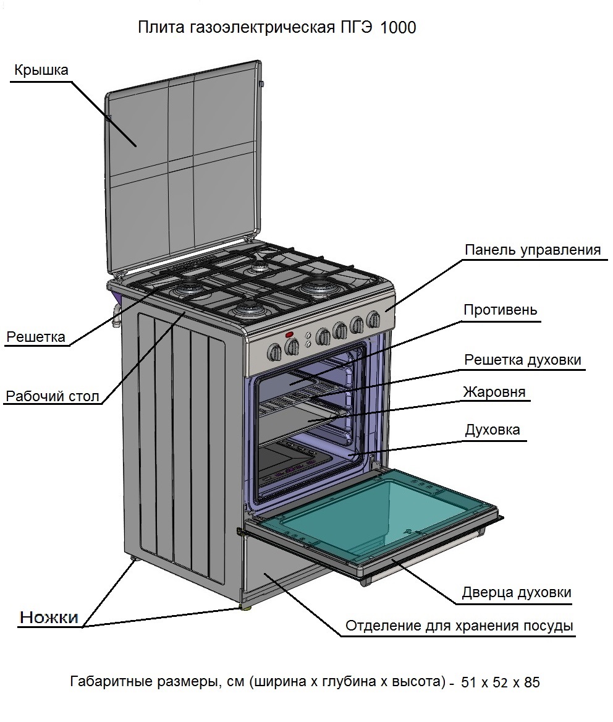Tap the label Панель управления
[533, 250]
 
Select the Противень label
[501, 310]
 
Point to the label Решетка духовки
[523, 360]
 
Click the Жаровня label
[494, 392]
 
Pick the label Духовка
[493, 430]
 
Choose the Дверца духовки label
[517, 592]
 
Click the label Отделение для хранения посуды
[459, 626]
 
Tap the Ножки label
[49, 616]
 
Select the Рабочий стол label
[52, 396]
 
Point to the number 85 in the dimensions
[531, 682]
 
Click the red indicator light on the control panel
[289, 335]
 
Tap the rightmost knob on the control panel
[373, 319]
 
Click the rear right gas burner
[319, 287]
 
